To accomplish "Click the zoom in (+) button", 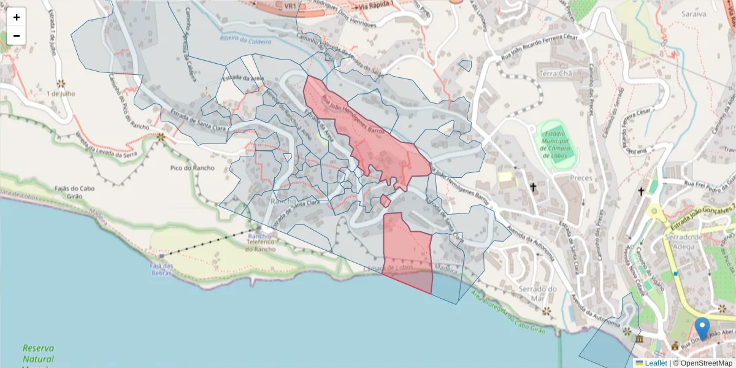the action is tap(17, 17).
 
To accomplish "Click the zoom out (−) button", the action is tap(17, 36).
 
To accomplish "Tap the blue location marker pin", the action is tap(702, 328).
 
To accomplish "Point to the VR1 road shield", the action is tap(291, 6).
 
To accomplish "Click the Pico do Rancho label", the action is tap(192, 167).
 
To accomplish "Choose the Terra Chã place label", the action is tap(555, 73).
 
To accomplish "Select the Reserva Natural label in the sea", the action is tap(38, 354).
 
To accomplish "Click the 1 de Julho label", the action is tap(60, 94).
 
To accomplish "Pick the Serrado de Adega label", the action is tap(689, 242).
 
